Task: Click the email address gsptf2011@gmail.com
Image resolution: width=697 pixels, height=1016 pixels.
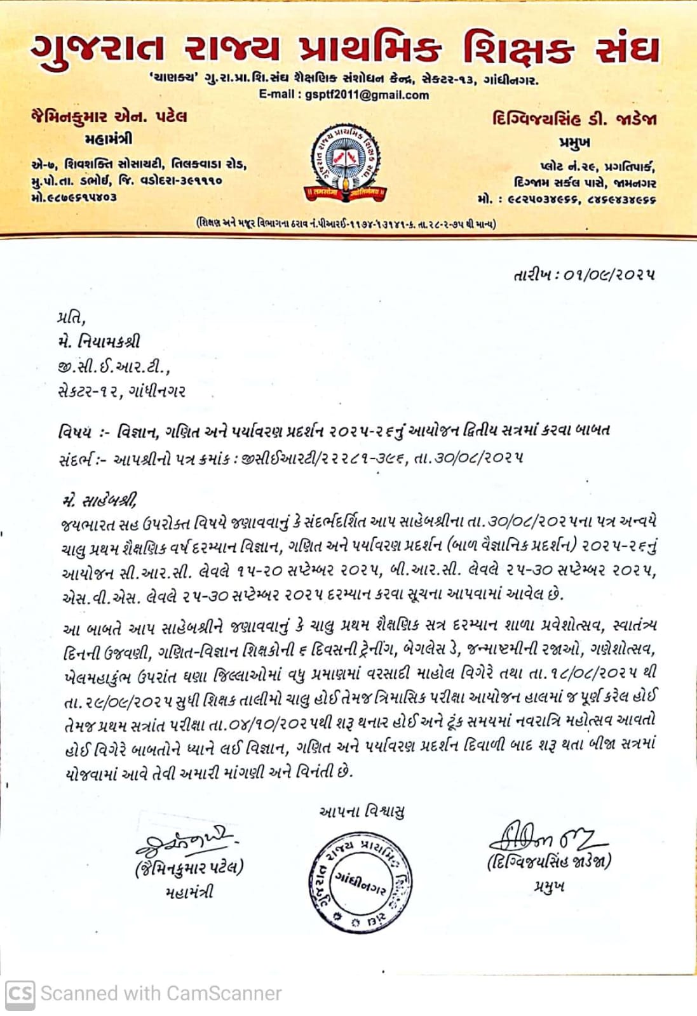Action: coord(367,95)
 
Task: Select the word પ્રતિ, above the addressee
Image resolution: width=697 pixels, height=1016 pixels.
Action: coord(71,317)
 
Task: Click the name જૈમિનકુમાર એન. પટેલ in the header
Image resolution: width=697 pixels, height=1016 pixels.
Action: coord(109,117)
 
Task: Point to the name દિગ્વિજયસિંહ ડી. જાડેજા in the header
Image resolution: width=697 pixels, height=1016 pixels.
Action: coord(574,119)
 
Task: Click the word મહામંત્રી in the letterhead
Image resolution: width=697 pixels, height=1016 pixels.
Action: coord(109,139)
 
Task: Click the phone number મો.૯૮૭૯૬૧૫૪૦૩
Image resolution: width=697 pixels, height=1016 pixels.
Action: coord(74,197)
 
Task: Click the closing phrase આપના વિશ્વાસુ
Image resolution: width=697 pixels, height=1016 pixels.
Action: coord(362,812)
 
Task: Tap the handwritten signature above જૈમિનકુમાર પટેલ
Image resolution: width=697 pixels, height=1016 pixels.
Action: coord(185,842)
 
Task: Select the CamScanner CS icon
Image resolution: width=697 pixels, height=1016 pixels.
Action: coord(20,993)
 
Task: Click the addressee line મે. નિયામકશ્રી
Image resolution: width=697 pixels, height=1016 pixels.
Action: coord(99,342)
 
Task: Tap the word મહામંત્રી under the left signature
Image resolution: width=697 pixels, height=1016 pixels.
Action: coord(189,892)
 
